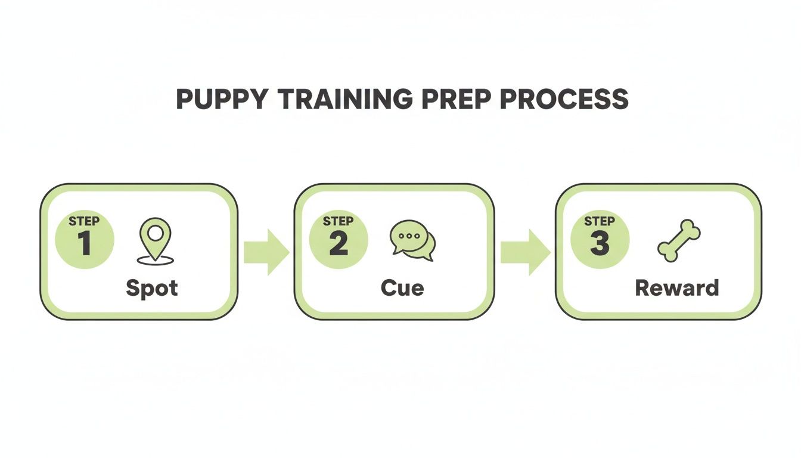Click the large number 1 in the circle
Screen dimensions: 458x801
click(84, 245)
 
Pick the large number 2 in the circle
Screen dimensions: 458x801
click(339, 245)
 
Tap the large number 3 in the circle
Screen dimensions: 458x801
click(600, 245)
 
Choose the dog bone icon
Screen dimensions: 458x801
click(679, 240)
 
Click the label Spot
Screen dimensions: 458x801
click(152, 288)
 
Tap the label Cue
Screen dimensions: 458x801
click(402, 288)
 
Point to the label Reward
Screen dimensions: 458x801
click(677, 288)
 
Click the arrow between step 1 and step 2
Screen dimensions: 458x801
click(266, 252)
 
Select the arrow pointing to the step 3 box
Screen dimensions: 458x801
click(524, 252)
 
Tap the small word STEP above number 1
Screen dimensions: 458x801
click(84, 221)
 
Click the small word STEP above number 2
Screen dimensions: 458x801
click(339, 221)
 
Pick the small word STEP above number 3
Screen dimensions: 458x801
click(600, 221)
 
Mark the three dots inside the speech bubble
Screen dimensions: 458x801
click(409, 236)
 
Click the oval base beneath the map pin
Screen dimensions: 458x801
click(155, 261)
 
